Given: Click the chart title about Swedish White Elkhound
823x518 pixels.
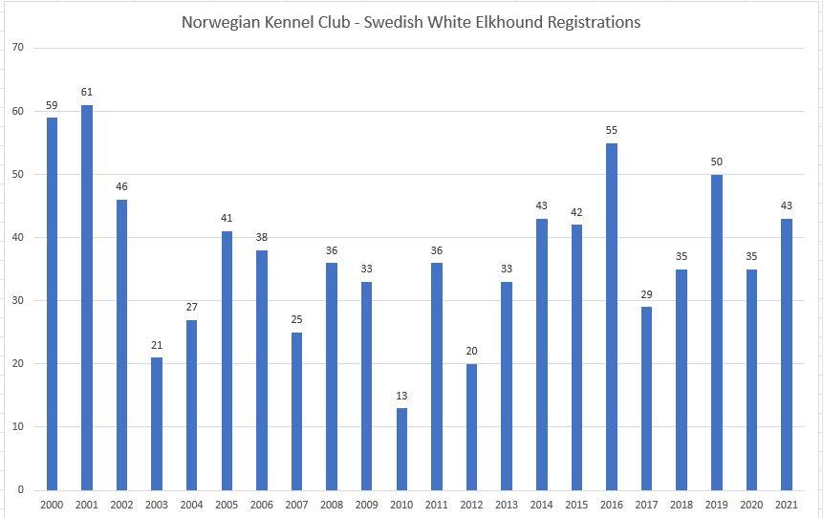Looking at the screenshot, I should (411, 22).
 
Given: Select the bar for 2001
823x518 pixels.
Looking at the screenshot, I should (87, 297).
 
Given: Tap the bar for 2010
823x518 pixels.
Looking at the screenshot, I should (401, 448).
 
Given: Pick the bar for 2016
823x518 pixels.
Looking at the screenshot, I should (612, 316).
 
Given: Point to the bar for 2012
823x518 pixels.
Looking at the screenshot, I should (471, 426).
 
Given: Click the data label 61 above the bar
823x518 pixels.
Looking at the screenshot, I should (87, 92).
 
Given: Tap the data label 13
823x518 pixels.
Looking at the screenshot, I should (401, 395).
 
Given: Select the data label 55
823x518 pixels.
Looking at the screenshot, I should (612, 130).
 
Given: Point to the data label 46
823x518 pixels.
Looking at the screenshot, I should (121, 186).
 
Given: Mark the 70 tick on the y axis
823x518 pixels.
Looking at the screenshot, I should (18, 48).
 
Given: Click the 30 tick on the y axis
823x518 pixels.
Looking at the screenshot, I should (18, 300).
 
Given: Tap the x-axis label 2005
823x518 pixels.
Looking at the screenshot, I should (227, 505).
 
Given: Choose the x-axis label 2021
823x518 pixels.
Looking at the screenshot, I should (786, 505).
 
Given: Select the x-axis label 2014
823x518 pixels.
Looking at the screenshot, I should (541, 505).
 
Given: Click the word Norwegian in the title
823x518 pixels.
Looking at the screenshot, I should (217, 22).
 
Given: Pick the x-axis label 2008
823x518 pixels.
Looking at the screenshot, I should (332, 505).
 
